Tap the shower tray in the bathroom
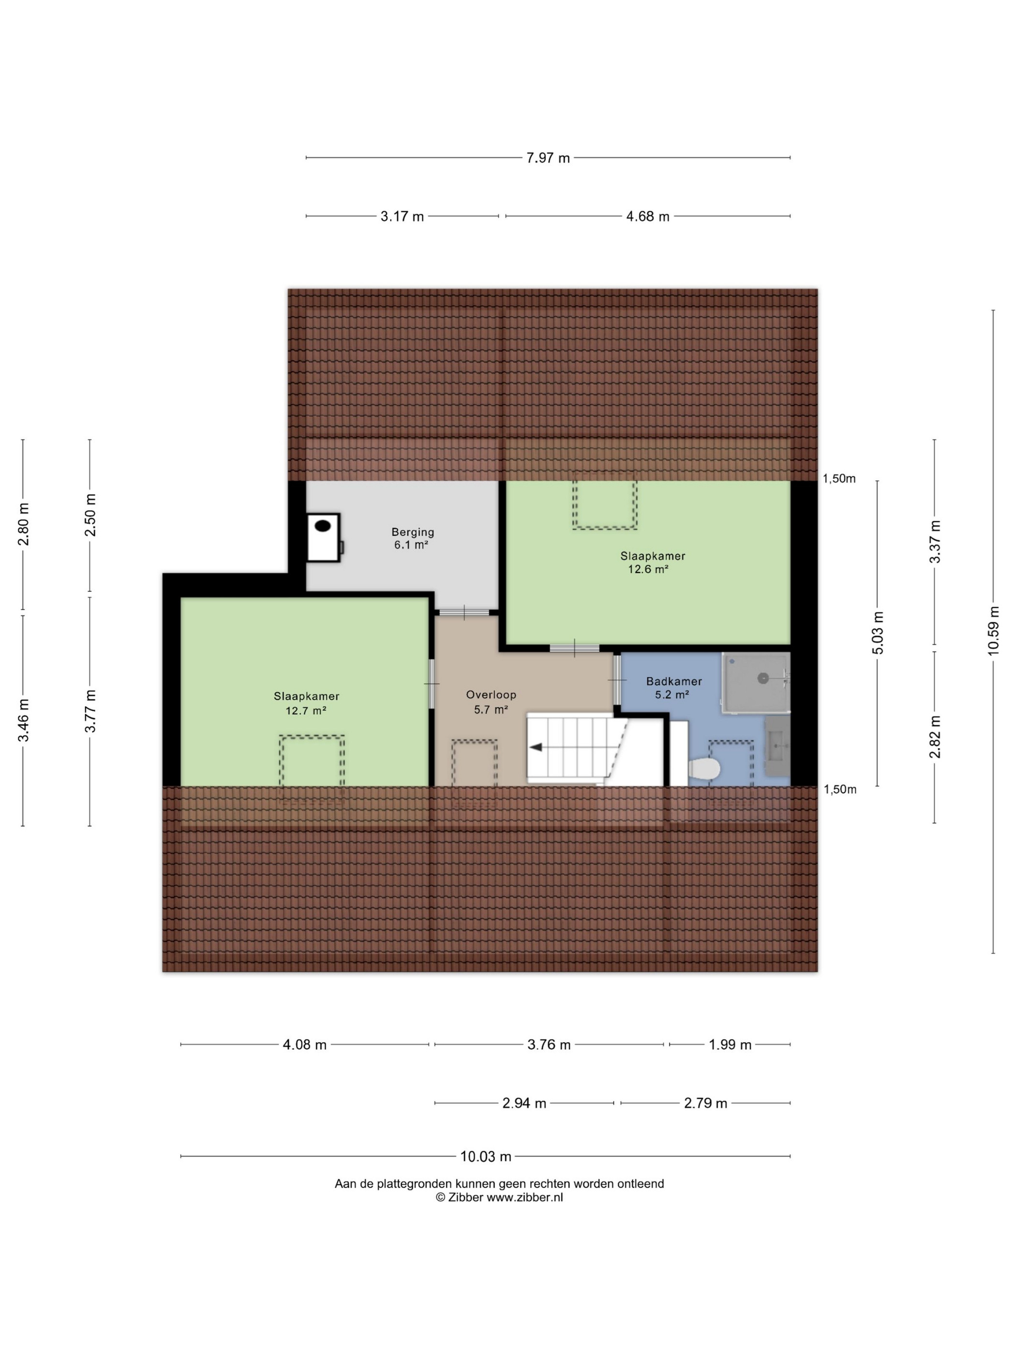[755, 682]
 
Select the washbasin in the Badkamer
[777, 746]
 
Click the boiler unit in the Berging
[323, 537]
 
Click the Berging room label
[413, 532]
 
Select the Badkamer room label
[673, 681]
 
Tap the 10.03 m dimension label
[486, 1156]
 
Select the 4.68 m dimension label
[647, 216]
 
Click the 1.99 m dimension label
[730, 1044]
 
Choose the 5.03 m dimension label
[878, 633]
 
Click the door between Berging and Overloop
[464, 612]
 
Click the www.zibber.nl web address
[525, 1198]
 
